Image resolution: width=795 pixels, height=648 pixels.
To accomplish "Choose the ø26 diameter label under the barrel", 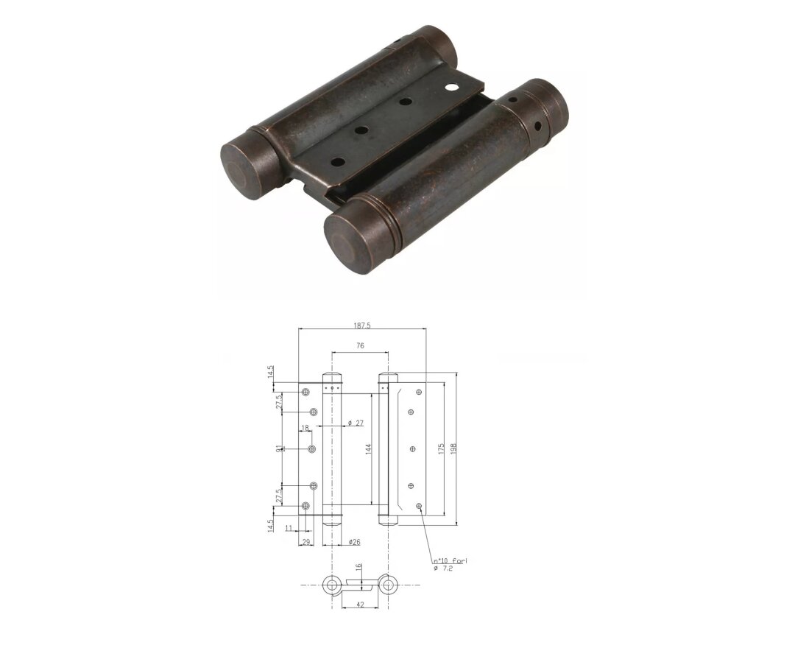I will (x=354, y=542).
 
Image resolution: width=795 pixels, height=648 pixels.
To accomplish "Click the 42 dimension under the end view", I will (x=361, y=605).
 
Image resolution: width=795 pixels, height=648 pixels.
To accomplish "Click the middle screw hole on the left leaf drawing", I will (x=312, y=448).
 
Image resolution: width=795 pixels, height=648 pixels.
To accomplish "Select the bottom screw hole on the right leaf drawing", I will (x=419, y=507).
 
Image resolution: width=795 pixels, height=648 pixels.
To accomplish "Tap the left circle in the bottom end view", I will (x=332, y=585).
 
